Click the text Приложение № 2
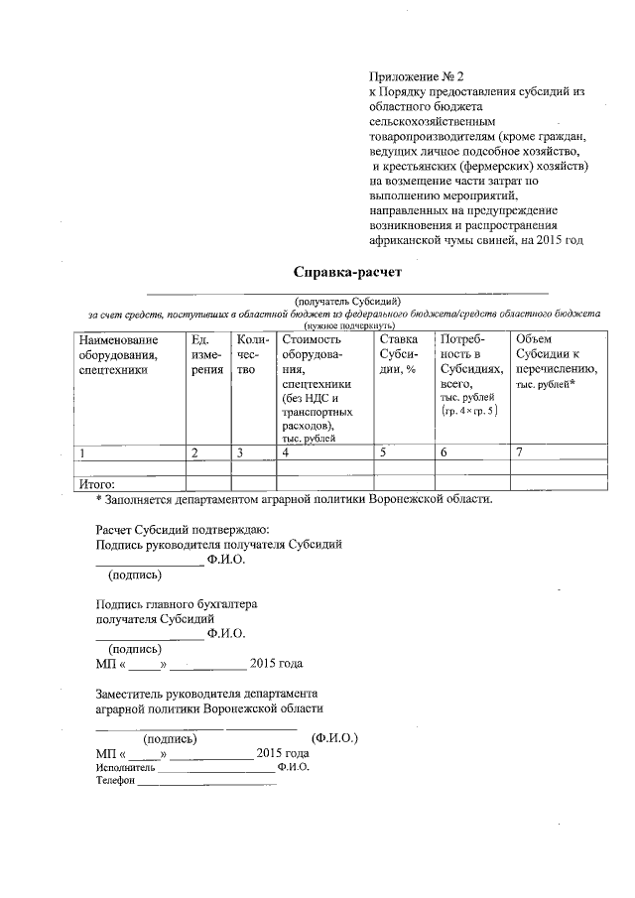point(416,75)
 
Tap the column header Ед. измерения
point(206,355)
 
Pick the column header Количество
point(247,355)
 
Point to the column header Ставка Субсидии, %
point(400,355)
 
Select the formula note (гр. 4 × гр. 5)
point(470,410)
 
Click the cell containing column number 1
point(82,452)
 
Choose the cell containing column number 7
point(518,452)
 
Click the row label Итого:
point(96,483)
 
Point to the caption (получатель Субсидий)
point(346,300)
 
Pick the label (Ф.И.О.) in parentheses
point(333,738)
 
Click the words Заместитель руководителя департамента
point(205,694)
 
